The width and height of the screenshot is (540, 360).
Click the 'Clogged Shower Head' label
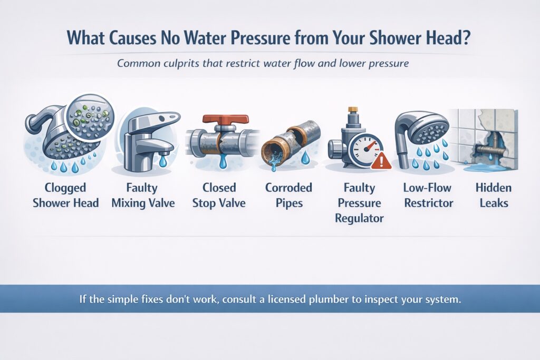[65, 195]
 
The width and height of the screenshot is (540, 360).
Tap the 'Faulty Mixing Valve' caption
[142, 195]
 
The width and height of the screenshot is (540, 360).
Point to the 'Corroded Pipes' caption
[289, 195]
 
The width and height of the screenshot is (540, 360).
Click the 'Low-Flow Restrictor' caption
[427, 195]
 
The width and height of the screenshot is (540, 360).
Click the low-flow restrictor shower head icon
[422, 132]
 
